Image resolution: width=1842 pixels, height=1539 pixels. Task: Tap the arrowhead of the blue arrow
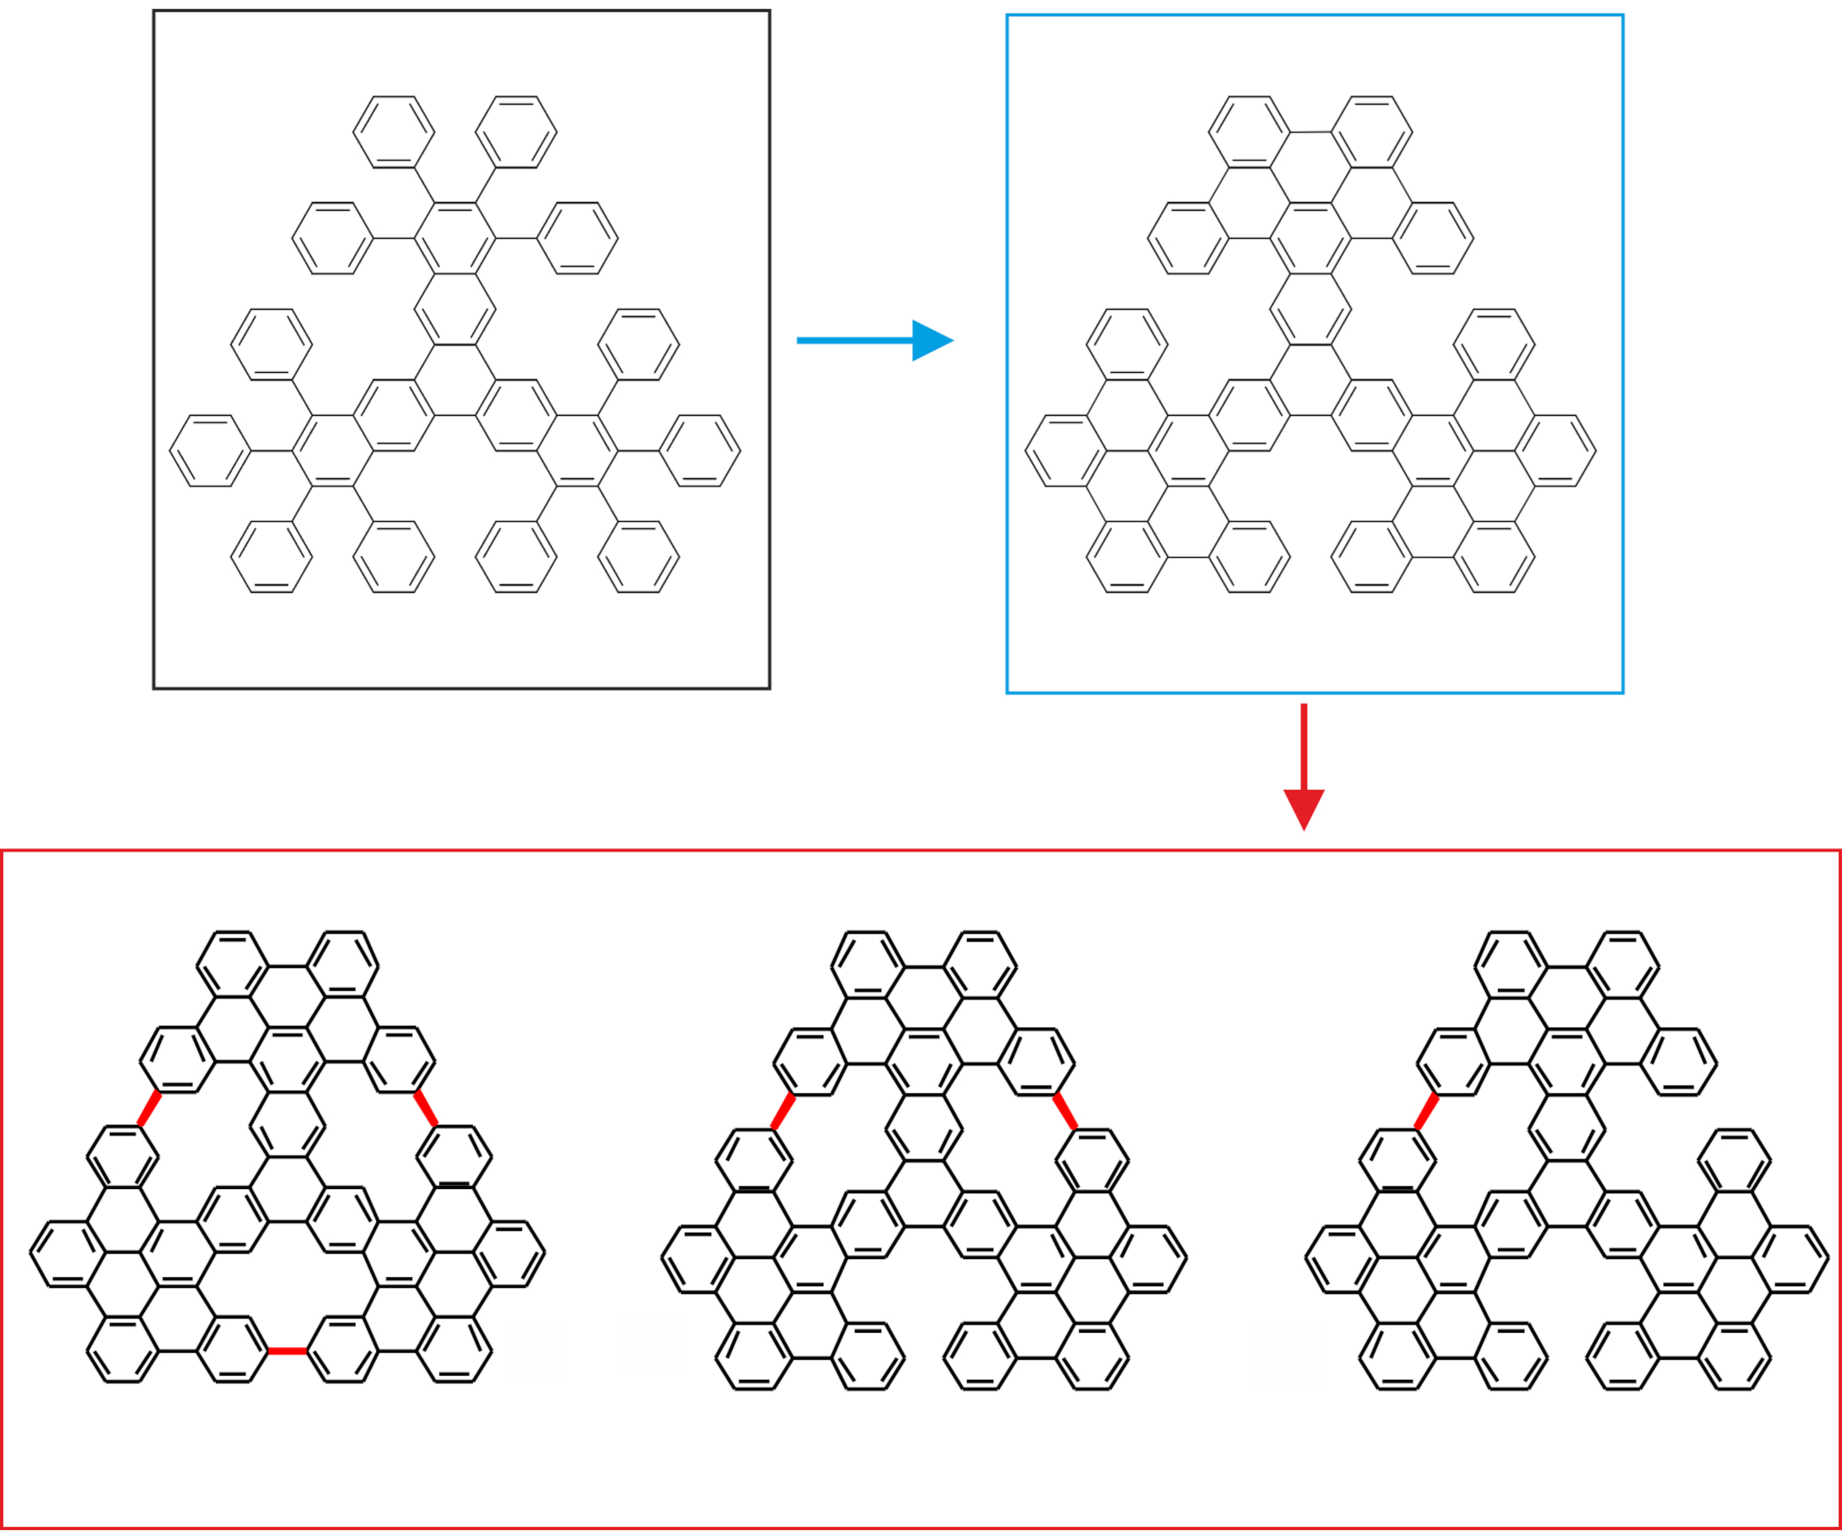click(931, 340)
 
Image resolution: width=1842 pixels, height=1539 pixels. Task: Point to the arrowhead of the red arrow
click(1304, 808)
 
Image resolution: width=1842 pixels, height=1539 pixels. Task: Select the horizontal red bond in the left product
click(287, 1350)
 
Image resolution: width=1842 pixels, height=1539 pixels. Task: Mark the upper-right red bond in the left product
click(426, 1108)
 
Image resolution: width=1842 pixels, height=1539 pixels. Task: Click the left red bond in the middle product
click(782, 1112)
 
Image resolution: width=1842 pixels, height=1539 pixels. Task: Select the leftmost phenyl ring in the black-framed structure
click(211, 451)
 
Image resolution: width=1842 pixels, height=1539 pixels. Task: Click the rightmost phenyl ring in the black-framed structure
click(700, 451)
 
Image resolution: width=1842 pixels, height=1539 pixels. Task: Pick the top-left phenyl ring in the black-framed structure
click(394, 131)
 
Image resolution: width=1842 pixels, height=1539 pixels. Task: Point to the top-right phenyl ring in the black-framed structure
click(516, 131)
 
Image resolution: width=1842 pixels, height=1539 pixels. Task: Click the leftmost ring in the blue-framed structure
click(1066, 451)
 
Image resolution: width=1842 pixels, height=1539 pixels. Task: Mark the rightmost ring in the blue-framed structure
click(1555, 451)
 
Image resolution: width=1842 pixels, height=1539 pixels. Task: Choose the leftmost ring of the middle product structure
click(698, 1259)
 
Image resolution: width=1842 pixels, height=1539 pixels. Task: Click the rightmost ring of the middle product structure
click(1148, 1259)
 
